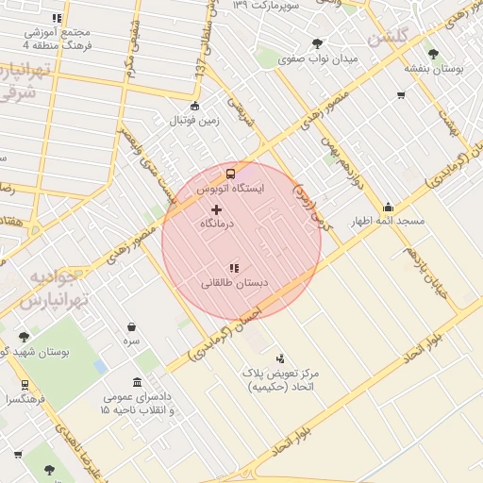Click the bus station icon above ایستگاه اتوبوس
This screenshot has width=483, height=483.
(230, 174)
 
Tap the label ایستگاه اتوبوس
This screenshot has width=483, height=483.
(230, 189)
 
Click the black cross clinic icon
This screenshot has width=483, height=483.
(216, 208)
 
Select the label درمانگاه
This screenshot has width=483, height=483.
(216, 225)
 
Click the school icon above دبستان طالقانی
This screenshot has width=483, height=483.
(234, 268)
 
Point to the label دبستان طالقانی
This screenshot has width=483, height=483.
(234, 283)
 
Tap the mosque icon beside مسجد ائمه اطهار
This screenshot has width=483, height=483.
(388, 208)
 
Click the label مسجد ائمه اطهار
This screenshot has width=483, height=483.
(388, 223)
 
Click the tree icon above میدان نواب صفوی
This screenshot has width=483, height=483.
(317, 43)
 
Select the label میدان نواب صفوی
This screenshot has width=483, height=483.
(317, 59)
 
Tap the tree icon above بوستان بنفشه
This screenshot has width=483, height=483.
(433, 54)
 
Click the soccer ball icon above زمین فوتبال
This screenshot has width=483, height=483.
(194, 106)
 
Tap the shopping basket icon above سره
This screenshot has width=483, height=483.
(131, 326)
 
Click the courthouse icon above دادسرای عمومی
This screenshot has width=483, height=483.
(139, 382)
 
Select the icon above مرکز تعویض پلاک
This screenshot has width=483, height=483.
(280, 358)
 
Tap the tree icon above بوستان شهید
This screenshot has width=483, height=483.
(24, 337)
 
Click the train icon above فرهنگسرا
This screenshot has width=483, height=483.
(24, 384)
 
